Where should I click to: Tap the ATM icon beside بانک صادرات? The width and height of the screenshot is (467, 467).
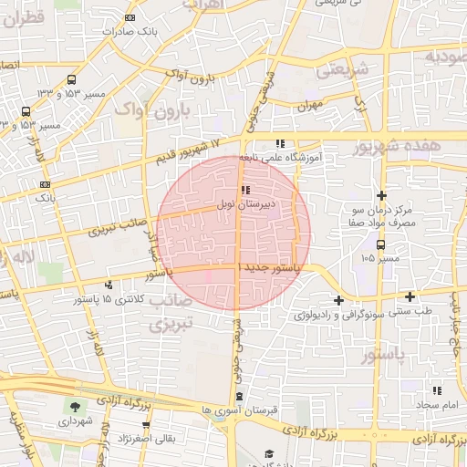tap(130, 17)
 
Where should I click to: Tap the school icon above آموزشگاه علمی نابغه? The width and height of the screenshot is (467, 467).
tap(280, 143)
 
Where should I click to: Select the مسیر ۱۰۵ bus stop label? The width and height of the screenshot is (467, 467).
tap(380, 259)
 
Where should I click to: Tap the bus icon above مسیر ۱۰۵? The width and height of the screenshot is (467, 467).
tap(380, 244)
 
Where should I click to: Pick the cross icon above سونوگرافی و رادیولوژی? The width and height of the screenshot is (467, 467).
tap(338, 300)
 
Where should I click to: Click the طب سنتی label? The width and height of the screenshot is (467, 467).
tap(410, 311)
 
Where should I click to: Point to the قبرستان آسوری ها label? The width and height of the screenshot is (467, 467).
tap(240, 410)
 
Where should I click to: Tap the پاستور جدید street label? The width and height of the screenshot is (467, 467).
tap(275, 266)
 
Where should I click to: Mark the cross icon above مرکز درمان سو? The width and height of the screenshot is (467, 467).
tap(381, 195)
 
